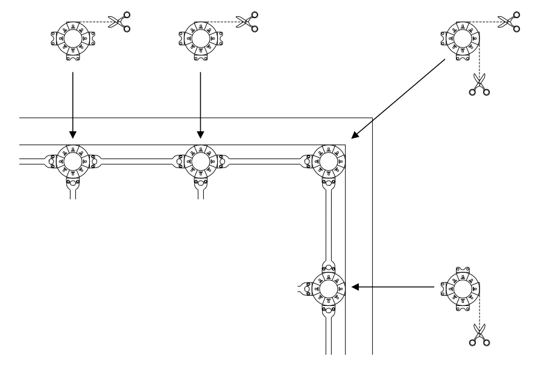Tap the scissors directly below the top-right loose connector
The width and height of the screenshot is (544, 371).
pos(479,84)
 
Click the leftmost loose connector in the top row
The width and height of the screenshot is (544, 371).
pos(72,40)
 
